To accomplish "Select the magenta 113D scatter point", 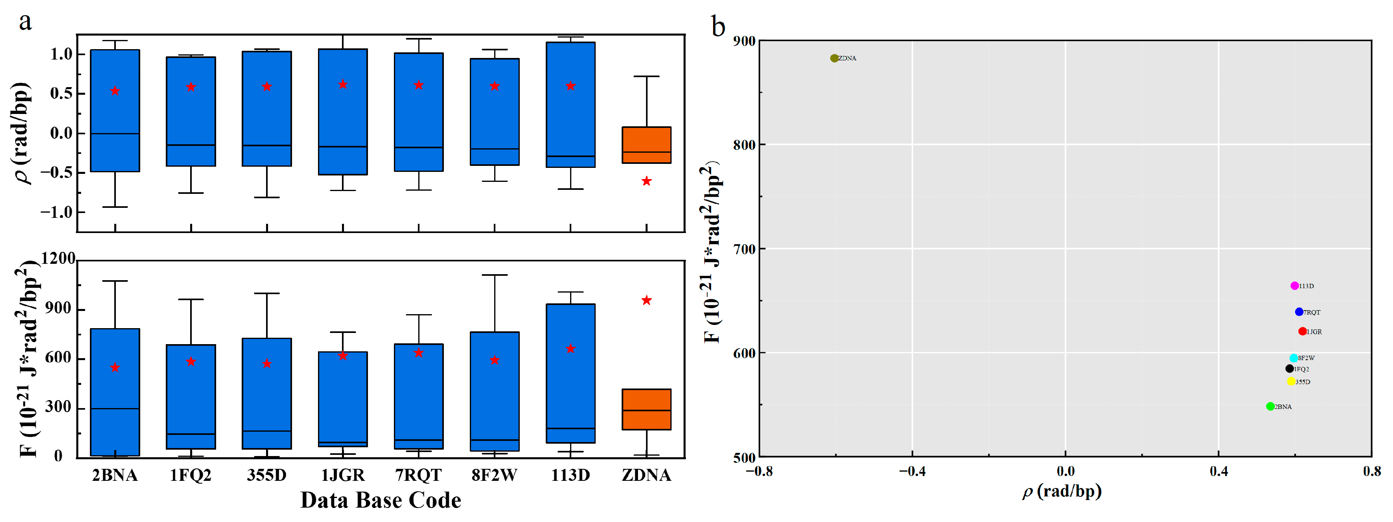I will [1294, 286].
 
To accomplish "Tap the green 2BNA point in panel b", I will [1270, 406].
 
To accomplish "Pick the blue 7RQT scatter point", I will [1299, 312].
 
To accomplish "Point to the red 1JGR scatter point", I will [1302, 331].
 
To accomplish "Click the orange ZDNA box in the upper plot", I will [646, 145].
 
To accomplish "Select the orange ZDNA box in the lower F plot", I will [646, 409].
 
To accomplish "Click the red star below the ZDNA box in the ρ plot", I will [646, 181].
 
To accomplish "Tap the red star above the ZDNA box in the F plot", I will [646, 300].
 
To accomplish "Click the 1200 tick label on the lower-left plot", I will [58, 259].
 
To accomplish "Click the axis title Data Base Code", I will [381, 500].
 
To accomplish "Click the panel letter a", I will [25, 22].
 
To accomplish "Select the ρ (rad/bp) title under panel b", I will [1061, 491].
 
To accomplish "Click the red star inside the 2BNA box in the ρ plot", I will [115, 91].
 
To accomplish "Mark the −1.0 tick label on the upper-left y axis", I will [56, 212].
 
